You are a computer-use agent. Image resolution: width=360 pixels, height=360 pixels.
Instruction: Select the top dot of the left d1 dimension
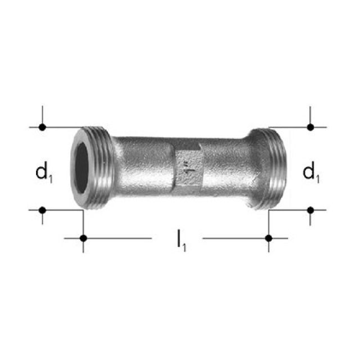pos(42,127)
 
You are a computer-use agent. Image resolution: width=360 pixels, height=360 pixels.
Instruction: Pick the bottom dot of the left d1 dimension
pos(42,210)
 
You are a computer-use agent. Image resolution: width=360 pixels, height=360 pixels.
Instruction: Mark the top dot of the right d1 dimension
pos(310,127)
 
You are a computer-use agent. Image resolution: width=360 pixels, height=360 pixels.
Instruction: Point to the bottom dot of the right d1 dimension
pos(310,210)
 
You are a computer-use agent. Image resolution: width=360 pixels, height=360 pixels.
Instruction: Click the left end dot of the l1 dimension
pos(83,238)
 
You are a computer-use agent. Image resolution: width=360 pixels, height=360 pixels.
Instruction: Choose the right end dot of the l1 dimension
pos(269,238)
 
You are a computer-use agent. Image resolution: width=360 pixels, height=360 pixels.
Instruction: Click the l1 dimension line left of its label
pos(118,238)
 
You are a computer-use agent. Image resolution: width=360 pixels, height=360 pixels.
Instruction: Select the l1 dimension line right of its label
pos(236,238)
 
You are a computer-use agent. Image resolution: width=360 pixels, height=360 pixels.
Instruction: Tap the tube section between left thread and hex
pos(143,166)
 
